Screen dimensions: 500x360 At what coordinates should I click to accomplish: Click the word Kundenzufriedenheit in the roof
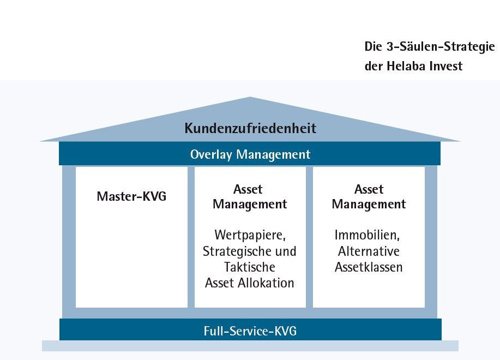coord(250,128)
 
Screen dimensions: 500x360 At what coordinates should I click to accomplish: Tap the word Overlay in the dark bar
coord(211,155)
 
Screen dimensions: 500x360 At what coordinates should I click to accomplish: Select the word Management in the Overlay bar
coord(273,155)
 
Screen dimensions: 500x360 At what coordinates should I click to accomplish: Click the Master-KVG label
coord(131,196)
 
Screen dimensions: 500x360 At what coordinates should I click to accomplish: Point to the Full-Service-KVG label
coord(250,331)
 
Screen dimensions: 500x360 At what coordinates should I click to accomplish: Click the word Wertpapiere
coord(250,235)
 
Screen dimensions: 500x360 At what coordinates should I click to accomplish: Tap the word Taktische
coord(249,267)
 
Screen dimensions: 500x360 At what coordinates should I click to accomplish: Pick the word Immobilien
coord(367,235)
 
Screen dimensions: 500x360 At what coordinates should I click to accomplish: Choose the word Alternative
coord(369,251)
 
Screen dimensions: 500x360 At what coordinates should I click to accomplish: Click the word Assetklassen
coord(369,267)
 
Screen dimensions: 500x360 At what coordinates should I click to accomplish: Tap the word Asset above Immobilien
coord(369,189)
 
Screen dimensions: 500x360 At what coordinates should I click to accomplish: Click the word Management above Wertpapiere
coord(250,205)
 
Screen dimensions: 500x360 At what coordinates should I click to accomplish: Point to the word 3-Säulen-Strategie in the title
coord(441,46)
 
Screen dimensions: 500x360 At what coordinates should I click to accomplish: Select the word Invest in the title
coord(446,66)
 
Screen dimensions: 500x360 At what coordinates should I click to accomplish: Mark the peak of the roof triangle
coord(250,97)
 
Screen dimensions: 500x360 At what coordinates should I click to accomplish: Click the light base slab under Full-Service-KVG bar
coord(250,346)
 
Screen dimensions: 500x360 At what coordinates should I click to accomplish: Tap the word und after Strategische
coord(286,251)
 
